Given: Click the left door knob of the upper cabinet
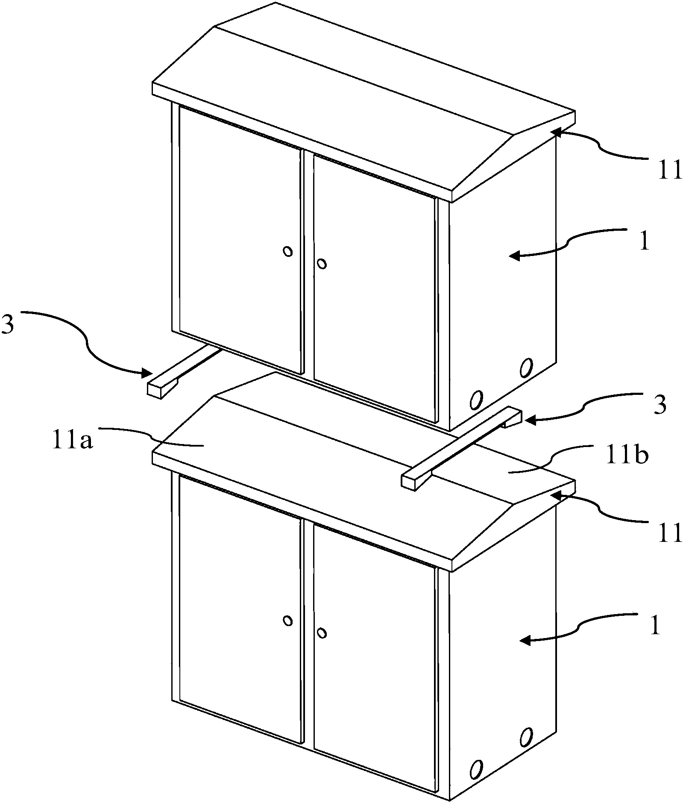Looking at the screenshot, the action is pos(288,251).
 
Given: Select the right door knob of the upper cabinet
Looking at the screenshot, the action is pos(322,264).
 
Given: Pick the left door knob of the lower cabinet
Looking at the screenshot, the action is pos(288,621).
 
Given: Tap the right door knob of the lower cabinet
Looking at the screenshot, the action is pos(322,633).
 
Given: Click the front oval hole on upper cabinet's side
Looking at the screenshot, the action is pos(475,399).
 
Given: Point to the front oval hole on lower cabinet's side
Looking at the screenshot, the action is pos(475,769).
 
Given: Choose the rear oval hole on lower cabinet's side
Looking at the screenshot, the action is pos(526,736).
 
